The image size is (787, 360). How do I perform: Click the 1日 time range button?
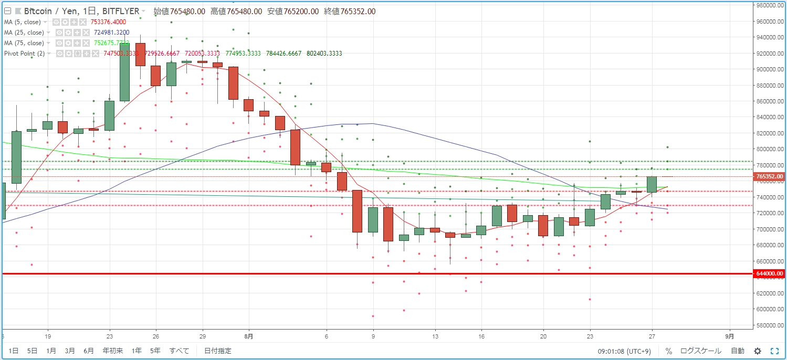pos(14,351)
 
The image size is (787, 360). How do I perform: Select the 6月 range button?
pos(89,351)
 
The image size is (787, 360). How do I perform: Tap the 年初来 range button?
pos(113,351)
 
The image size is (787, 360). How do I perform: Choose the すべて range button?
pos(179,351)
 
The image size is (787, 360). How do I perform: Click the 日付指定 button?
pos(217,351)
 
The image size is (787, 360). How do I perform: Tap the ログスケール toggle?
pos(700,351)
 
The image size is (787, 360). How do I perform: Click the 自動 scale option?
pos(737,351)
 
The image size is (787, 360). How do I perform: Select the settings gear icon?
pos(758,351)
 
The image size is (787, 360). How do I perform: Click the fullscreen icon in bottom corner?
pos(774,351)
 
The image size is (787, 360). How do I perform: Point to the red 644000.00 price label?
pos(770,273)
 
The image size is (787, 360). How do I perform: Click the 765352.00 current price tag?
pos(770,177)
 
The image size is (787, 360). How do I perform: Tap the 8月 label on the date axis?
pos(249,335)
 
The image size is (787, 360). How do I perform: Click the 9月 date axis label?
pos(730,335)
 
